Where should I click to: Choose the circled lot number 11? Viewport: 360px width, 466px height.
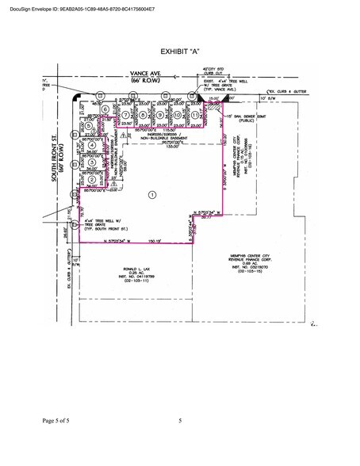(x=194, y=114)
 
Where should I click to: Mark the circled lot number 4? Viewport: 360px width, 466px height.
(x=93, y=145)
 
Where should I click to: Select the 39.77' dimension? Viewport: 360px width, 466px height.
(x=208, y=227)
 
